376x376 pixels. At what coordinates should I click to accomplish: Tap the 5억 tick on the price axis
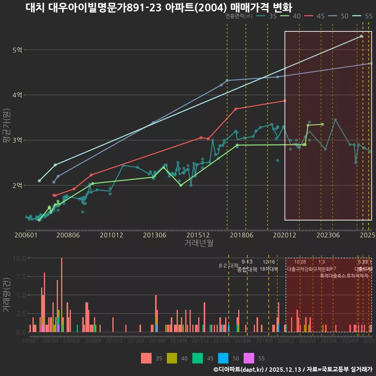(x=17, y=50)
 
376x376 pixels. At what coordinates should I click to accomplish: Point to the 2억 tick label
(x=17, y=185)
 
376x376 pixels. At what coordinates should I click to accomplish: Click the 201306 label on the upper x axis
(x=154, y=235)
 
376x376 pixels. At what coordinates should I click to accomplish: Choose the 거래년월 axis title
(x=199, y=243)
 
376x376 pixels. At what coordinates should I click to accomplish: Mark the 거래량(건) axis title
(x=6, y=295)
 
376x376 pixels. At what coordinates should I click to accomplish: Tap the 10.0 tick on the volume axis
(x=19, y=258)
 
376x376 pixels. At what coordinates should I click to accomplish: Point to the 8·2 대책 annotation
(x=228, y=266)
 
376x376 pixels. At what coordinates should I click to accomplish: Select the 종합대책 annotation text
(x=247, y=269)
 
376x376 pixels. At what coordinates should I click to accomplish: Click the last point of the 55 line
(x=362, y=36)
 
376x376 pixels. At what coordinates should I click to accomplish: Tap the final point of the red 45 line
(x=285, y=101)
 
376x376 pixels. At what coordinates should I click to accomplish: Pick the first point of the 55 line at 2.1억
(x=39, y=181)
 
